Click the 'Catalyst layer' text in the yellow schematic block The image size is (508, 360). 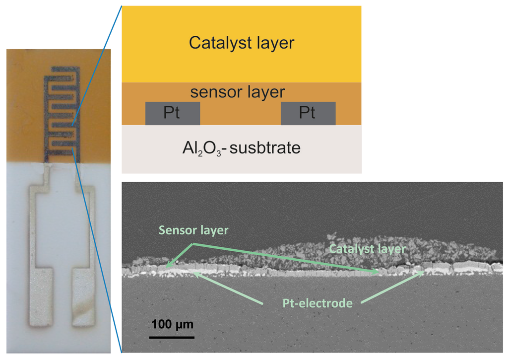point(241,43)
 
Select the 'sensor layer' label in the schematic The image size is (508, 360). point(238,92)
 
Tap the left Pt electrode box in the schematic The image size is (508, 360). point(173,113)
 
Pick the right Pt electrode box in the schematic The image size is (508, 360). point(308,113)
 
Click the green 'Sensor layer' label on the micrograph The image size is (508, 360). point(193,230)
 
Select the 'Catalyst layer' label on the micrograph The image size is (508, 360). point(367,249)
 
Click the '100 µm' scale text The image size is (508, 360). point(172,325)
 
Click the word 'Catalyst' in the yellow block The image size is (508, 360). point(216,43)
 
